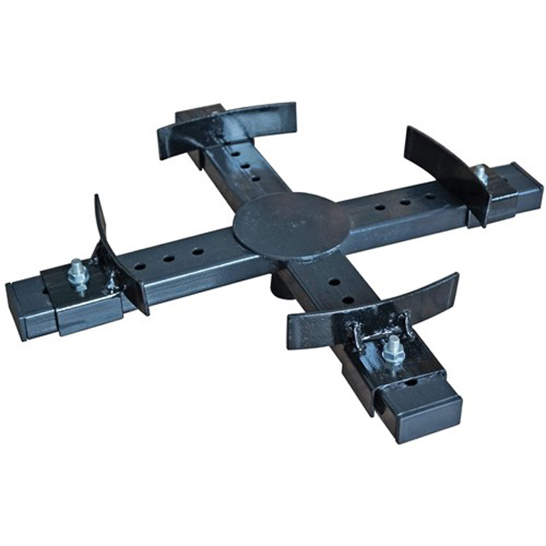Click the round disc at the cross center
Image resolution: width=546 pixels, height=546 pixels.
tap(290, 224)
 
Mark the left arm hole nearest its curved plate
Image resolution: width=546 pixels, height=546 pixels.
tap(140, 268)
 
